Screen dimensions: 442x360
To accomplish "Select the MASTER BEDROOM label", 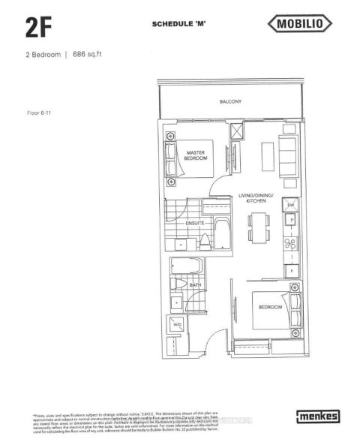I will [x=196, y=155].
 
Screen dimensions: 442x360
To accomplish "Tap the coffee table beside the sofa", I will [x=264, y=154].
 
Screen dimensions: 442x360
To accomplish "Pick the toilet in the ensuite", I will [x=204, y=243].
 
